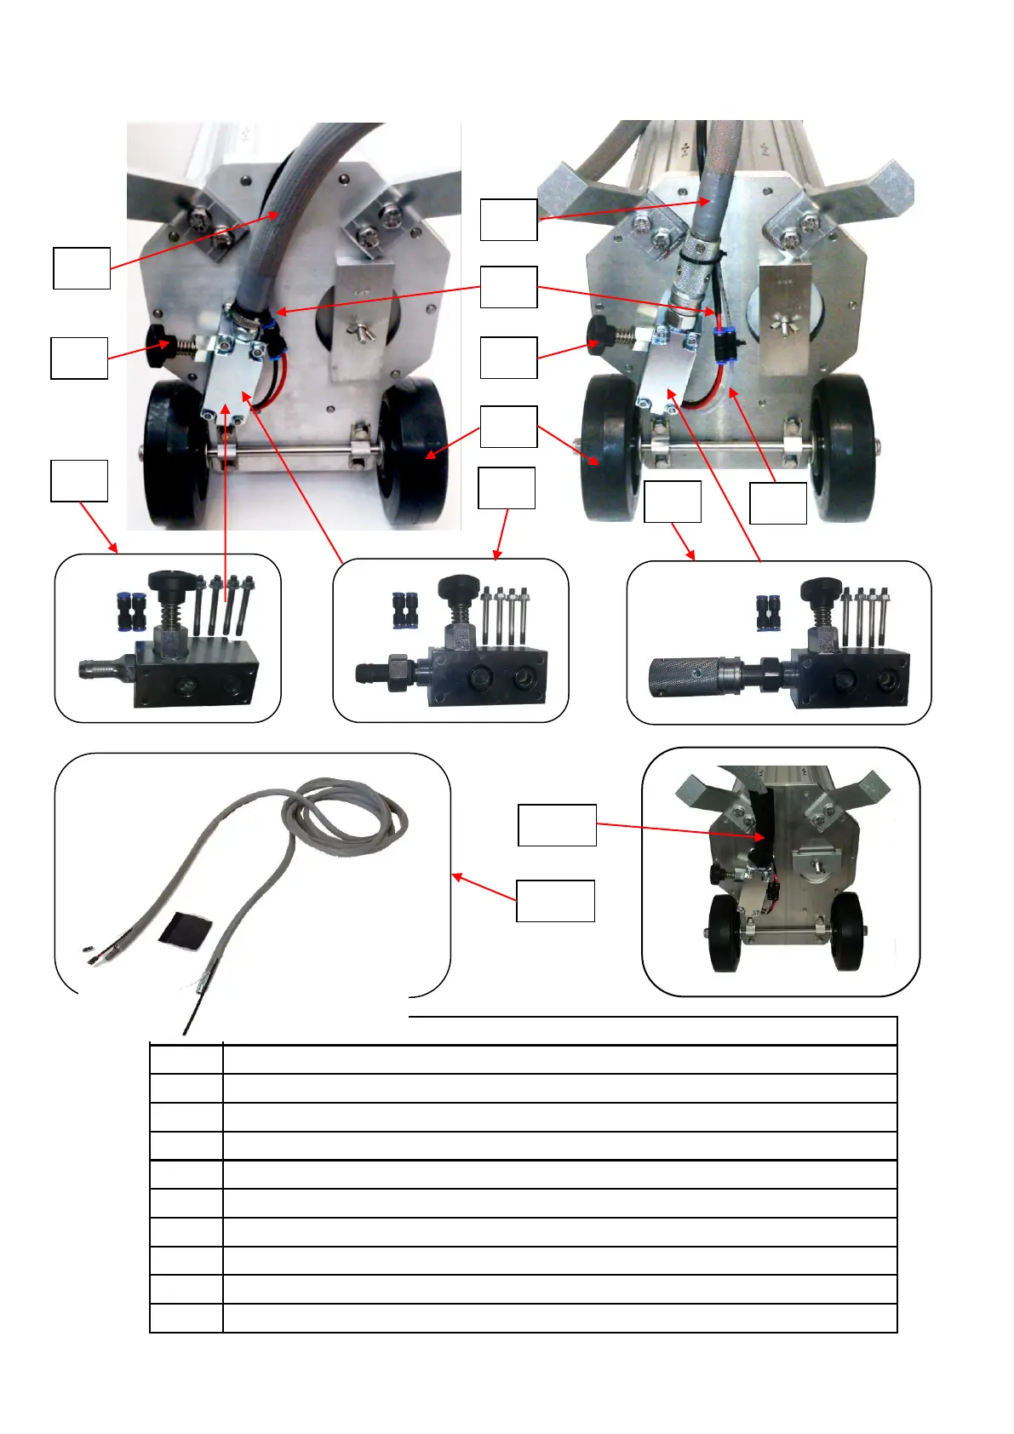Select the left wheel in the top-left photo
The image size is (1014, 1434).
[175, 451]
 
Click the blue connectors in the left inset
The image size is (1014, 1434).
[132, 611]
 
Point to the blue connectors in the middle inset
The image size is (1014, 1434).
[404, 610]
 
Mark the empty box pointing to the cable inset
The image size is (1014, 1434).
[555, 901]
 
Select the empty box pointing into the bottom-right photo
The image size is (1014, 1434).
[557, 825]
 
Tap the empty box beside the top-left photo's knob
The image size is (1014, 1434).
[79, 358]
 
